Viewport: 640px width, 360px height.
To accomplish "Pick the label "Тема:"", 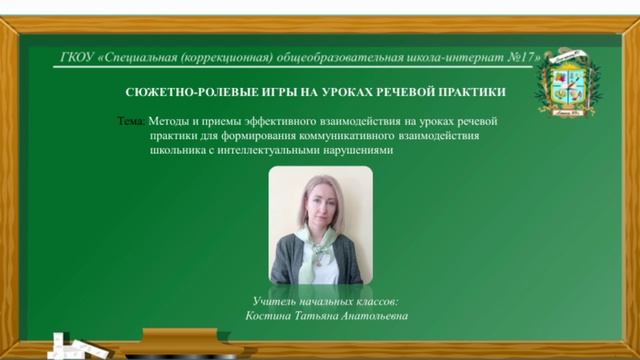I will pyautogui.click(x=131, y=121).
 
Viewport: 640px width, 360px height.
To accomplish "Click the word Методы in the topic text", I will pyautogui.click(x=169, y=121).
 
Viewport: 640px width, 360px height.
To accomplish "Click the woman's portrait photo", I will pyautogui.click(x=320, y=225).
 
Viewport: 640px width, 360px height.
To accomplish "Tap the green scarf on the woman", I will pyautogui.click(x=322, y=255).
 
